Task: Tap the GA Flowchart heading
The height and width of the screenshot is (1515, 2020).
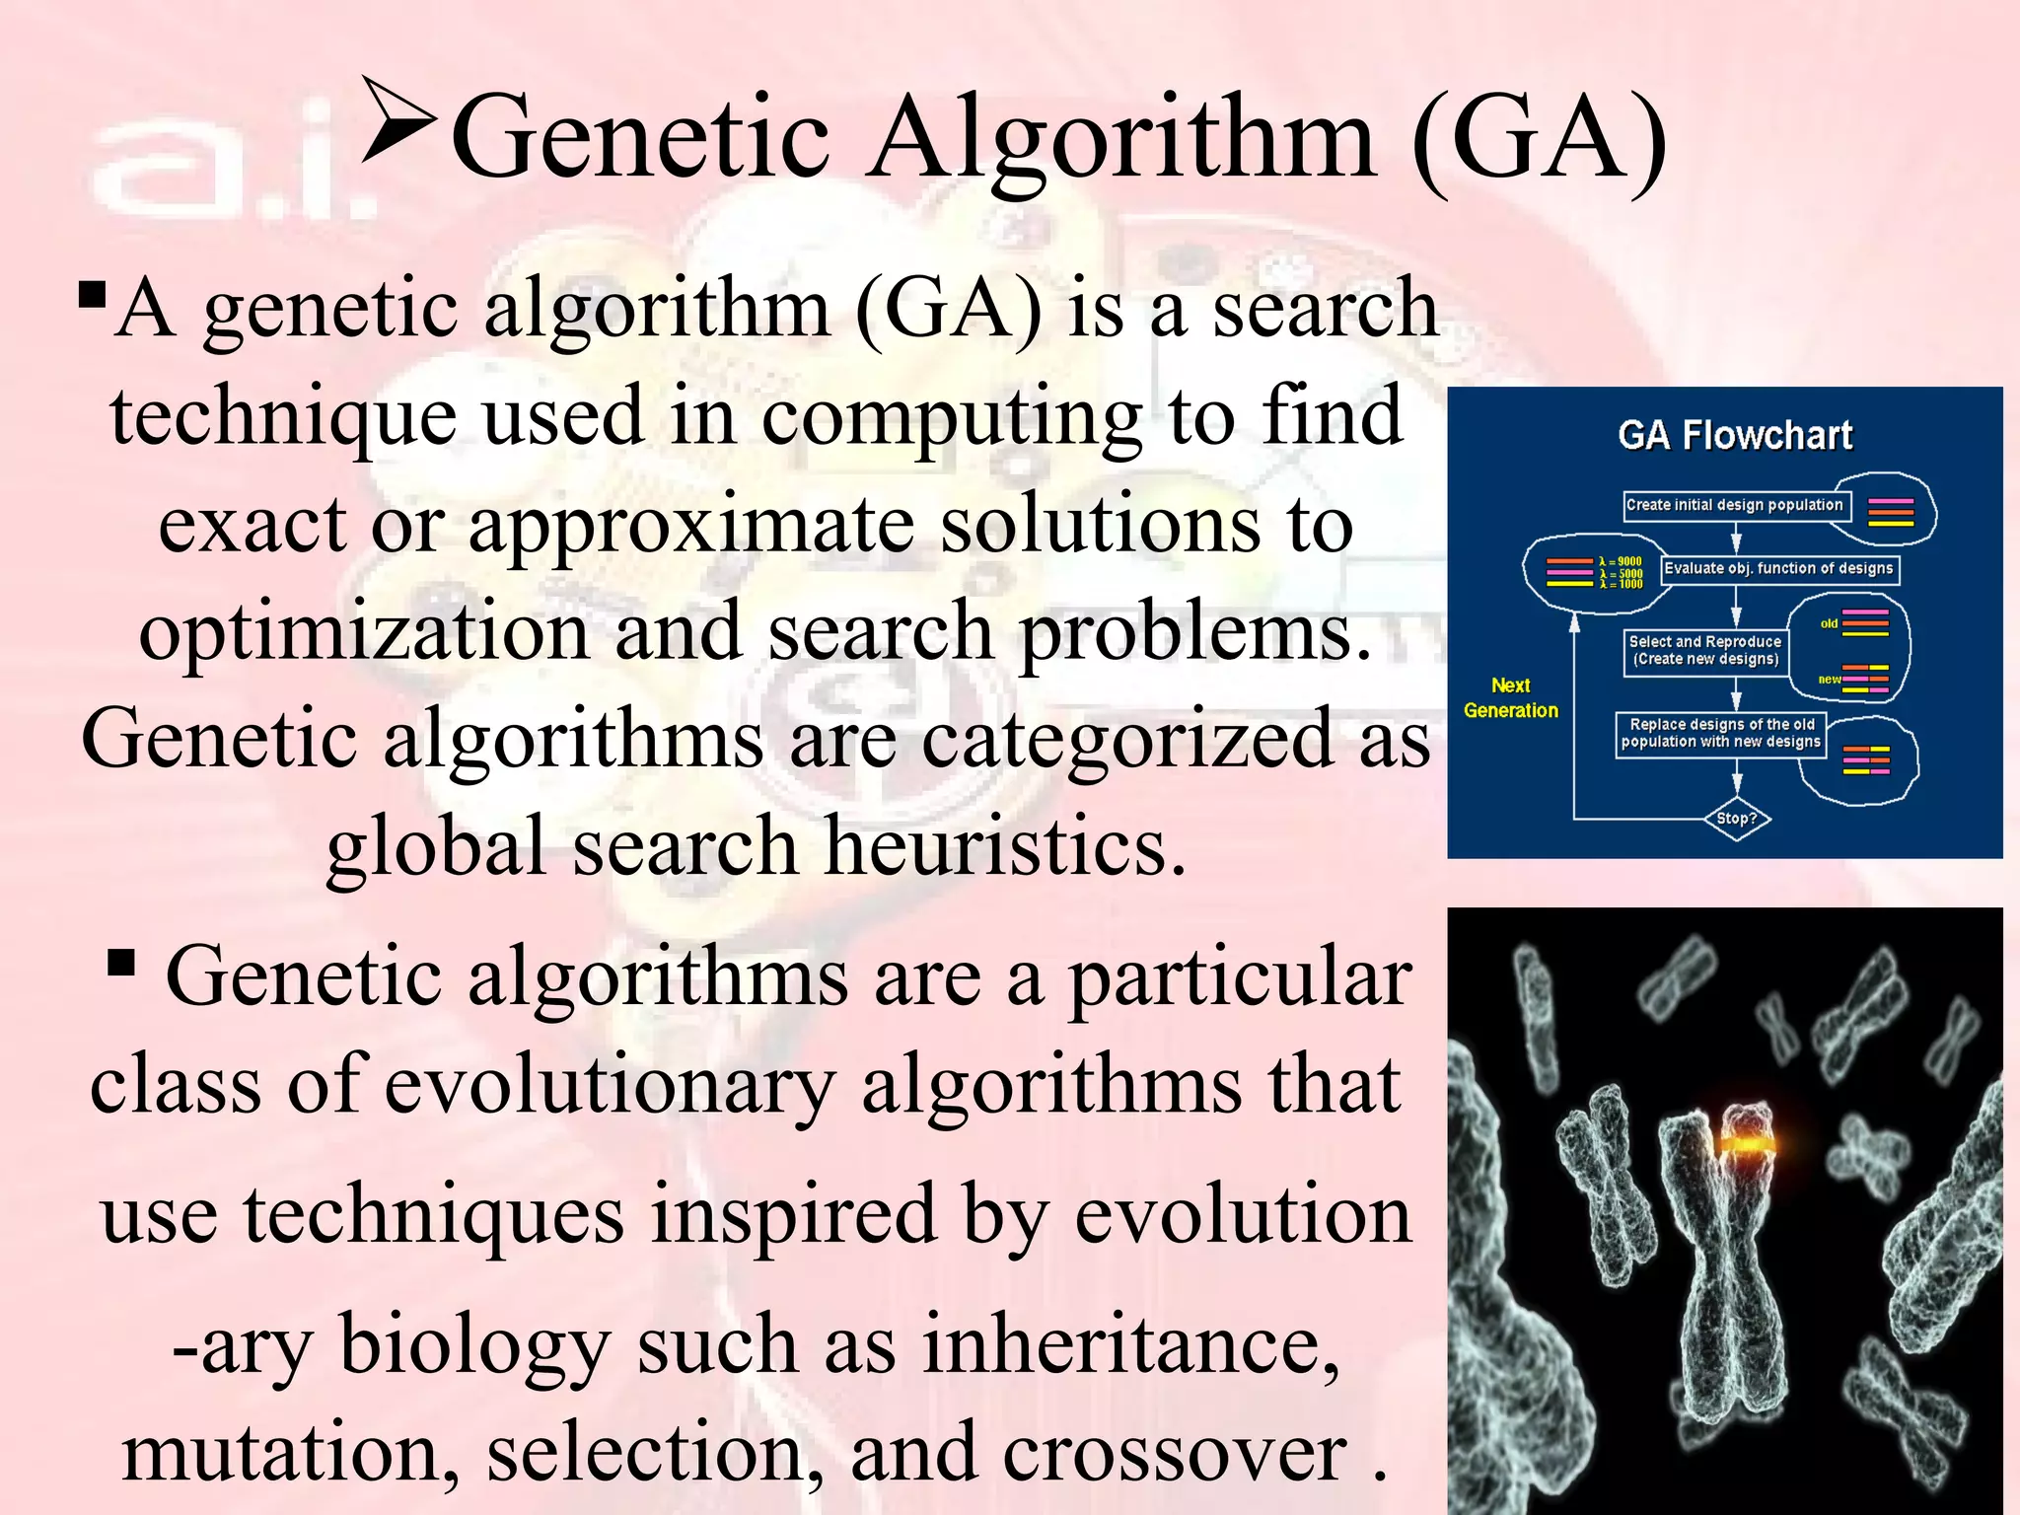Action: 1735,435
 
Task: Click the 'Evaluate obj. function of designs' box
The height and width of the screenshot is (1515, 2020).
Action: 1778,568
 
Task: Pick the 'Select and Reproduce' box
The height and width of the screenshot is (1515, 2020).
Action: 1704,650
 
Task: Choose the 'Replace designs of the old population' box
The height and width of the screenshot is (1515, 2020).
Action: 1720,733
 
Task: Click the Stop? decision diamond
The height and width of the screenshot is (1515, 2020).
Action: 1736,819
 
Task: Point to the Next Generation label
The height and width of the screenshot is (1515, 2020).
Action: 1510,697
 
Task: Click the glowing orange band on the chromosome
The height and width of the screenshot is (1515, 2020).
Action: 1749,1144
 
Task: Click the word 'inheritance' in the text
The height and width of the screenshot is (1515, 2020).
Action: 1130,1345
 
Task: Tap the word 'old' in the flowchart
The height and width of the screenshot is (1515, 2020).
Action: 1829,623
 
